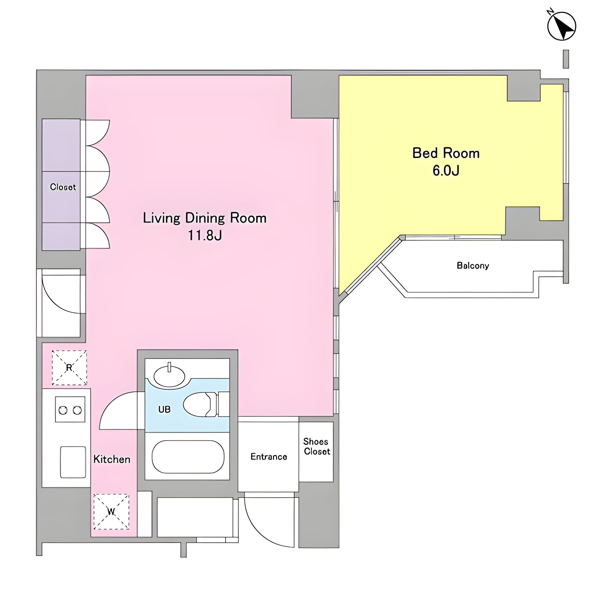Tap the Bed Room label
tap(446, 153)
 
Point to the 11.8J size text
tap(205, 235)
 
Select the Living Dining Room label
tap(205, 218)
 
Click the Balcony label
tap(473, 266)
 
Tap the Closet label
tap(63, 187)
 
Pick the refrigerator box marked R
tap(69, 367)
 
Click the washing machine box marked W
tap(111, 511)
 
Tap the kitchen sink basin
tap(73, 462)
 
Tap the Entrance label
tap(269, 456)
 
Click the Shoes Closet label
tap(316, 446)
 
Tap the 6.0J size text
tap(446, 170)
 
